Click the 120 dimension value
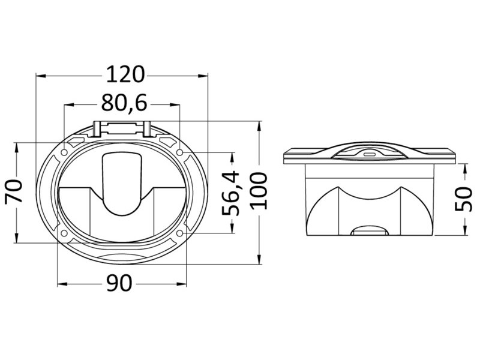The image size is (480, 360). tap(125, 74)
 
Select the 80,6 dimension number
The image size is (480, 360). tap(124, 103)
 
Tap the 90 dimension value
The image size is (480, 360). tap(119, 283)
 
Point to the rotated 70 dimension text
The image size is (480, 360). tap(14, 191)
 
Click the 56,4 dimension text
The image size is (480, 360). tap(230, 193)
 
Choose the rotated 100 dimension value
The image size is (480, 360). tap(259, 191)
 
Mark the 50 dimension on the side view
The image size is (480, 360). tap(463, 199)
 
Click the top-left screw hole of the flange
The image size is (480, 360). tap(64, 152)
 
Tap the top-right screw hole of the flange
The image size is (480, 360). tap(180, 152)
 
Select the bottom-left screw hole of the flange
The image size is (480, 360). tap(64, 233)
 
